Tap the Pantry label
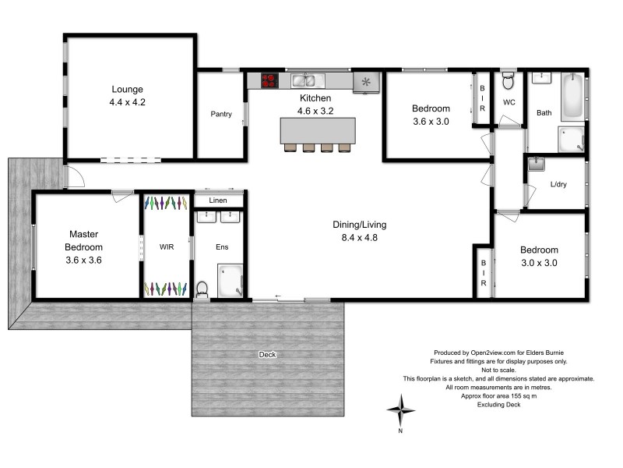[221, 114]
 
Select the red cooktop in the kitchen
[269, 80]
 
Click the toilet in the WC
[508, 80]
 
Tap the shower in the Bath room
[572, 140]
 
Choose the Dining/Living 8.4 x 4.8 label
[358, 232]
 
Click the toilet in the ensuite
[202, 289]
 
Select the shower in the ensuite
[231, 282]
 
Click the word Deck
[267, 355]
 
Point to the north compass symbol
[401, 409]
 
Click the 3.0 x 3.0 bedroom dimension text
[539, 263]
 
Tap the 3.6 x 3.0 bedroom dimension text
[431, 121]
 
